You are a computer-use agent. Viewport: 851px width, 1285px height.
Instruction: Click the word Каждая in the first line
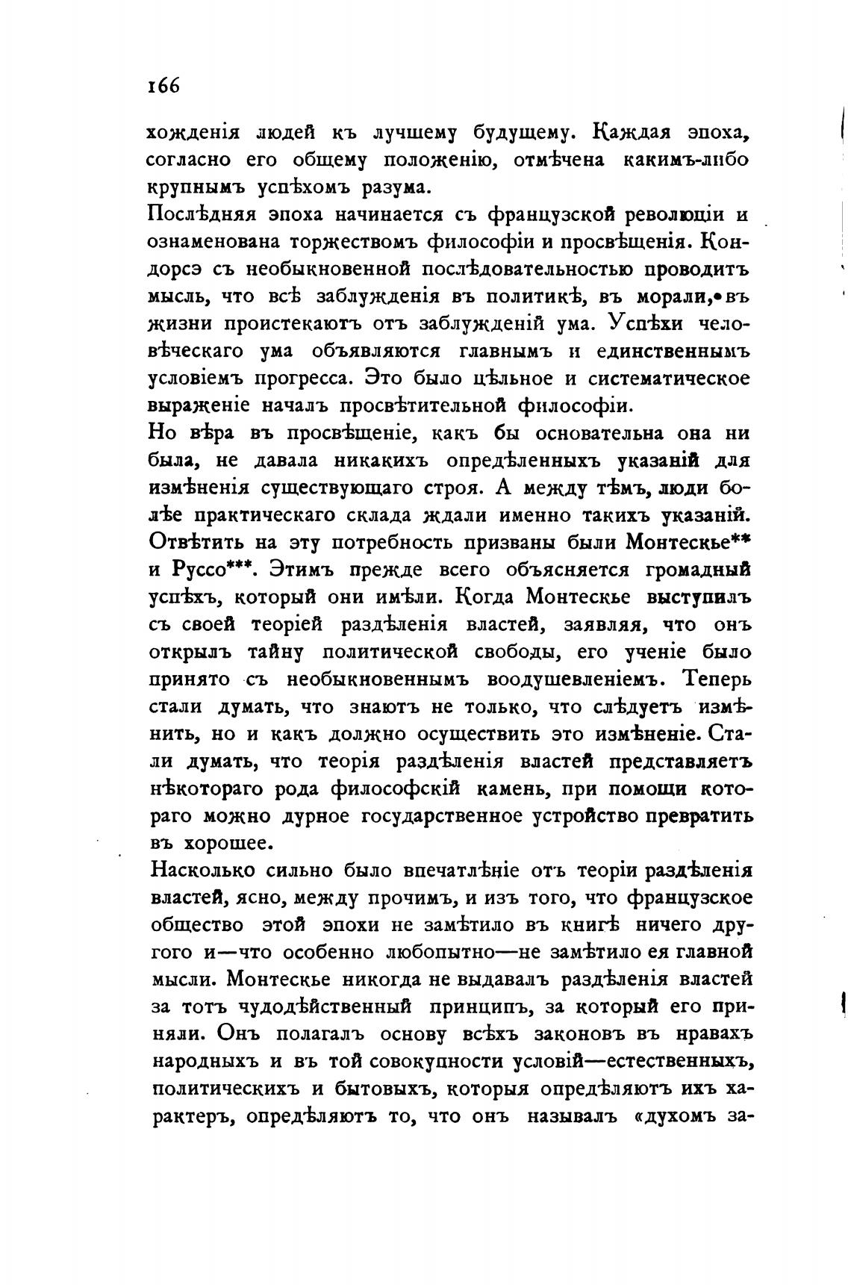pos(636,132)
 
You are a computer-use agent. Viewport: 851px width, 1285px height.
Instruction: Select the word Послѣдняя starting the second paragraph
pos(198,214)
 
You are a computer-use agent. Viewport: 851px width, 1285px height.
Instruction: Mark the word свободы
pos(518,653)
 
